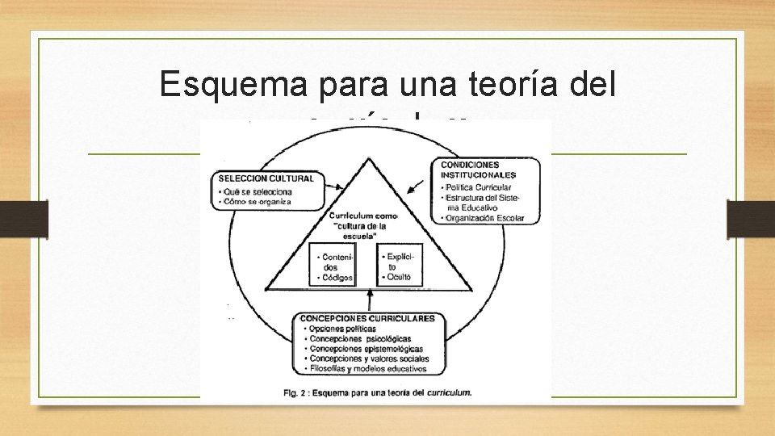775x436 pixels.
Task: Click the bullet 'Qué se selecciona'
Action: (x=257, y=191)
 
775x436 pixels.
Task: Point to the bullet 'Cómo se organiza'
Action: (x=257, y=202)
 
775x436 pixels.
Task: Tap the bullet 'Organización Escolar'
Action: (x=484, y=218)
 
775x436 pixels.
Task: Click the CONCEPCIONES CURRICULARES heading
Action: (x=367, y=318)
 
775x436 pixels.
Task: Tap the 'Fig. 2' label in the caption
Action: (x=295, y=392)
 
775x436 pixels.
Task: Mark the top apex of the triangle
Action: (x=369, y=158)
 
